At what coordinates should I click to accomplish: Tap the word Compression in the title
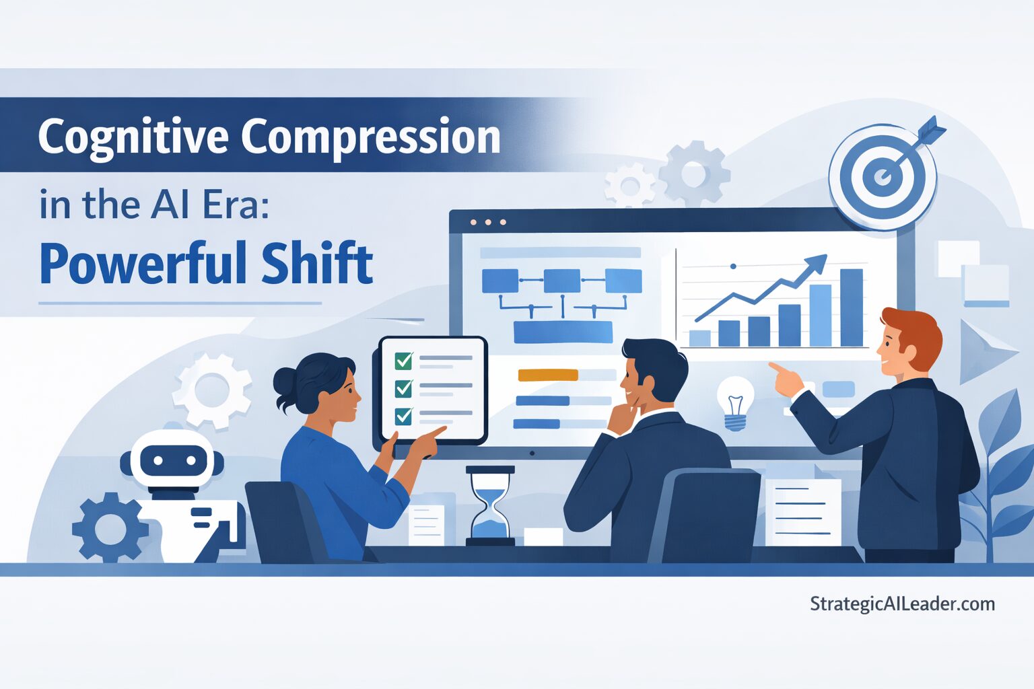click(371, 137)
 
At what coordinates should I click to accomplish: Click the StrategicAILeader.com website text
click(902, 604)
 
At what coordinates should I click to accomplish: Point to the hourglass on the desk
click(490, 505)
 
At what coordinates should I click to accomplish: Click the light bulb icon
click(735, 402)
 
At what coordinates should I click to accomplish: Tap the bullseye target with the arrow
click(883, 176)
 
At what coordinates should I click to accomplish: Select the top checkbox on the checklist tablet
click(404, 361)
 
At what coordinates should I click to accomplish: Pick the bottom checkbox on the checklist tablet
click(404, 416)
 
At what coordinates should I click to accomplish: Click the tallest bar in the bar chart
click(851, 307)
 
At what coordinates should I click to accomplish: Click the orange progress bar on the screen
click(548, 375)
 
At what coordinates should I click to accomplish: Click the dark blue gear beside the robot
click(110, 527)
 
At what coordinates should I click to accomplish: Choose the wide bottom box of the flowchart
click(563, 332)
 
